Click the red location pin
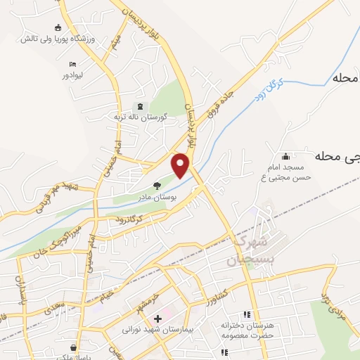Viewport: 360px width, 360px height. click(x=181, y=165)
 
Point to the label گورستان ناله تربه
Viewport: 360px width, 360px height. click(x=141, y=117)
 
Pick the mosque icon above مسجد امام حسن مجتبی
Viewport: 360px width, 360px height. click(x=285, y=157)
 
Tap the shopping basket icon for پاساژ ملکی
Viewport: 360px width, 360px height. click(x=73, y=347)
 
